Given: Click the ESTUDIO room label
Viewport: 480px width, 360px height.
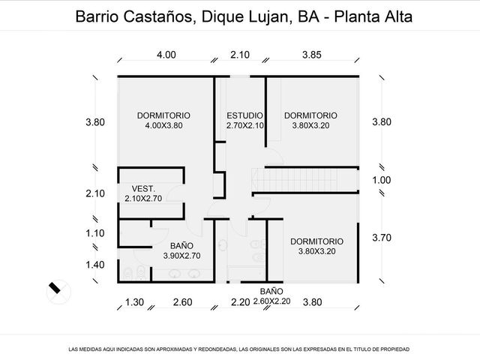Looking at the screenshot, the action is pos(244,115).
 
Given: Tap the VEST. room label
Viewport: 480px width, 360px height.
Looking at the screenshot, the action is pos(143,188).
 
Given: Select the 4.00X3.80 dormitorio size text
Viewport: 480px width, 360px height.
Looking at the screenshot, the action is pos(163,125).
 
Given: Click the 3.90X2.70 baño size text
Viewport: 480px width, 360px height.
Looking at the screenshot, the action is pos(181,256).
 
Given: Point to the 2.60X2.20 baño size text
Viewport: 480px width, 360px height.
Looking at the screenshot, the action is pos(271,301).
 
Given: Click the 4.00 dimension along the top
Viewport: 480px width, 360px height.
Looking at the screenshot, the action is pos(166,55).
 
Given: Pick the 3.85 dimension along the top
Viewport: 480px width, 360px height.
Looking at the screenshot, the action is pos(312,55).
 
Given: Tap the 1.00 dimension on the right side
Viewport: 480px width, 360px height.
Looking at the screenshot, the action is pos(382,180).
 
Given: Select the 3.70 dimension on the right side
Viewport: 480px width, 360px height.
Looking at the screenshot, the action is pos(382,238).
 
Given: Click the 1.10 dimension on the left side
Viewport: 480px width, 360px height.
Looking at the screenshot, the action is pos(95,233).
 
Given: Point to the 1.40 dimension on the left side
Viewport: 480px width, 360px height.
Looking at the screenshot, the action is pos(95,265).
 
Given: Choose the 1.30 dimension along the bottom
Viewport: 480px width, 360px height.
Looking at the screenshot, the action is pos(134,302).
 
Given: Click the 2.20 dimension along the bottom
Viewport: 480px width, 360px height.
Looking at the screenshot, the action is pos(240,302).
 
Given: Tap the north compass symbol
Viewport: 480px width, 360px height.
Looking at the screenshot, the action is pos(58,291).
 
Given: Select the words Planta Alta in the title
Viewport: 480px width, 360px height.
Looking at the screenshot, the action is pos(373,16).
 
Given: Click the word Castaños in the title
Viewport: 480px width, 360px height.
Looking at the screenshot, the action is pos(158,16).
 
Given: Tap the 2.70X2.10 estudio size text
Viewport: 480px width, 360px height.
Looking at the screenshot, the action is pos(245,125).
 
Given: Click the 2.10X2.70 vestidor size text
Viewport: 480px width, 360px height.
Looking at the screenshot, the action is pos(143,198).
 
